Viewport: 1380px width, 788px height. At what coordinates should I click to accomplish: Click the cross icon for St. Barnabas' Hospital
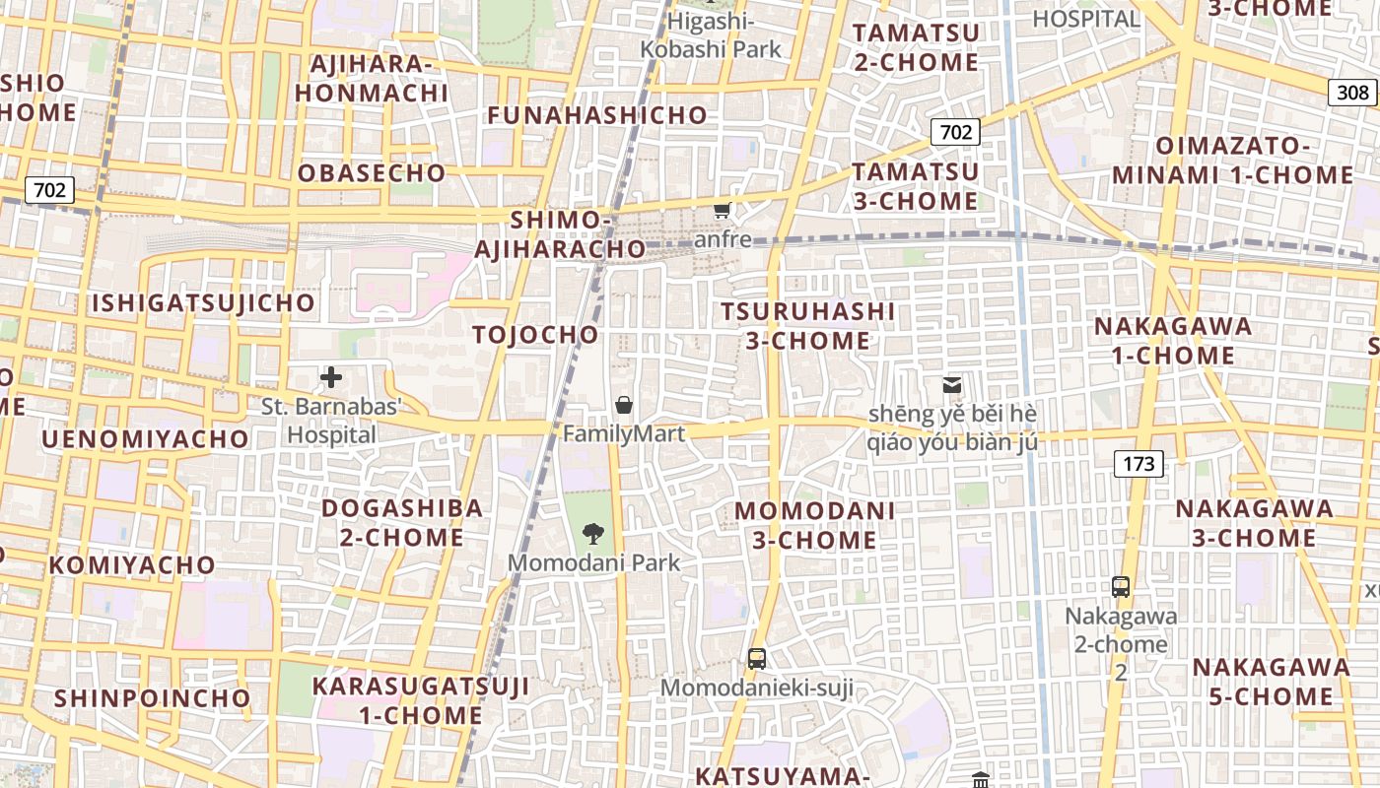coord(331,377)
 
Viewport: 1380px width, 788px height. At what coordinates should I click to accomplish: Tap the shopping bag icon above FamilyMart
coord(624,405)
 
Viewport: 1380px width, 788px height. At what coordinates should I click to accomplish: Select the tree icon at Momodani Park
coord(592,535)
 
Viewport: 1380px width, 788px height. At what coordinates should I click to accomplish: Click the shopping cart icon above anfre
coord(723,210)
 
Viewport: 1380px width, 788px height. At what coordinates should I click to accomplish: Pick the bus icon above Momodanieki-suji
coord(757,659)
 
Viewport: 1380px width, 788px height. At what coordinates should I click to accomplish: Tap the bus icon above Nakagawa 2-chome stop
coord(1121,587)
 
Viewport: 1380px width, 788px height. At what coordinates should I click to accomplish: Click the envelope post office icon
coord(952,385)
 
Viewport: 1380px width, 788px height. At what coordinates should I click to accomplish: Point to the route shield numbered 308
coord(1353,93)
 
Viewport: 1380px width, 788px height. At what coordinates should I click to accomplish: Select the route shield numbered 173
coord(1138,463)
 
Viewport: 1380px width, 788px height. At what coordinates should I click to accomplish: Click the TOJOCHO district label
coord(536,335)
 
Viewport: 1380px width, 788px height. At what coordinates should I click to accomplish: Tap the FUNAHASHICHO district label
coord(598,115)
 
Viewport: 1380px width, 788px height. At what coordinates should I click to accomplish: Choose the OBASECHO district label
coord(372,173)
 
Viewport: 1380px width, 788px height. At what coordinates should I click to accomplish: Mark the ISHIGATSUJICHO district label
coord(204,303)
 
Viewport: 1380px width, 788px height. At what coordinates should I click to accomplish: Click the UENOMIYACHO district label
coord(145,438)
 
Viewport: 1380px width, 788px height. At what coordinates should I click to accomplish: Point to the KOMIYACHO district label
coord(132,565)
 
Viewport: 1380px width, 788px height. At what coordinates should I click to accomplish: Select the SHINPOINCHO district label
coord(153,698)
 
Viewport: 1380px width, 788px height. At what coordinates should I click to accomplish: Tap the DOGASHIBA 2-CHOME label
coord(402,523)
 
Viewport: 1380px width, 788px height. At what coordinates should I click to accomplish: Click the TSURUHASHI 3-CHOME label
coord(807,326)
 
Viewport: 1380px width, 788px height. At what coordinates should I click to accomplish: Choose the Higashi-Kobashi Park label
coord(711,35)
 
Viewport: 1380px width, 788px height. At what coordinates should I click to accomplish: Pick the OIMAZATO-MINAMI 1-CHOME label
coord(1233,161)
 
